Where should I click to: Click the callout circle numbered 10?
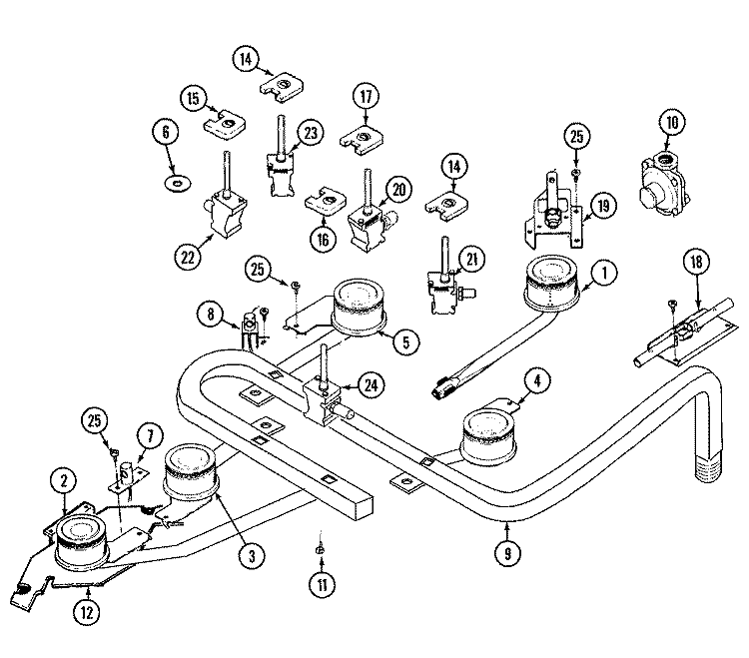pyautogui.click(x=672, y=123)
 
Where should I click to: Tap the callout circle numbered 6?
pyautogui.click(x=166, y=132)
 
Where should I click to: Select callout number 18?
pyautogui.click(x=696, y=262)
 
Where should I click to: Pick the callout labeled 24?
pyautogui.click(x=372, y=385)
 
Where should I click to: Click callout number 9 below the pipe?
pyautogui.click(x=507, y=553)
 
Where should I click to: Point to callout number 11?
pyautogui.click(x=323, y=585)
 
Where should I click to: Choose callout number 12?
pyautogui.click(x=87, y=612)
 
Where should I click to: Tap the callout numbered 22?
pyautogui.click(x=188, y=257)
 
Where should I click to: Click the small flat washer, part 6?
pyautogui.click(x=177, y=183)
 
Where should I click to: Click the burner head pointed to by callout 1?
pyautogui.click(x=552, y=282)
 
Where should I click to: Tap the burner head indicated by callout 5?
pyautogui.click(x=359, y=305)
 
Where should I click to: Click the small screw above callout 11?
pyautogui.click(x=321, y=549)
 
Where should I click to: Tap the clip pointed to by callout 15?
pyautogui.click(x=225, y=124)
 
